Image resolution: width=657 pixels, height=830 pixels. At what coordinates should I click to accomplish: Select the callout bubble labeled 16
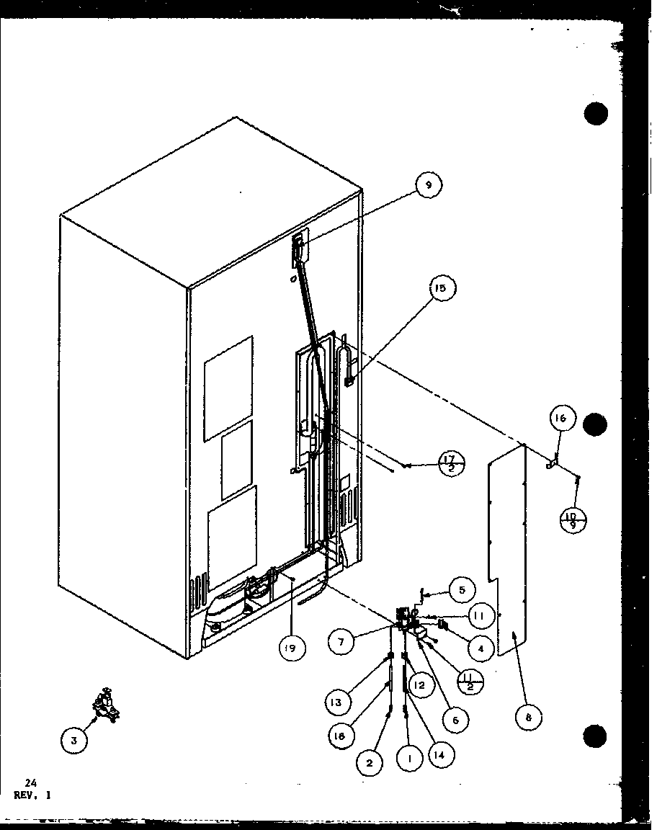coord(563,418)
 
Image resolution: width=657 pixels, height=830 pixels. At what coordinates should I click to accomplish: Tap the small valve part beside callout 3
coord(105,702)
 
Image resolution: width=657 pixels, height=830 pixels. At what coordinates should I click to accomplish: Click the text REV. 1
coord(32,795)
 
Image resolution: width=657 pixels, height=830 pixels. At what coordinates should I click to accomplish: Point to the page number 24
coord(29,782)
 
